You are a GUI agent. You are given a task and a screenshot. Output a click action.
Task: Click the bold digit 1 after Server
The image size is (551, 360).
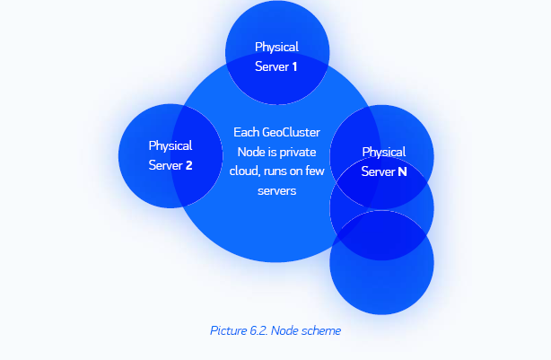click(294, 66)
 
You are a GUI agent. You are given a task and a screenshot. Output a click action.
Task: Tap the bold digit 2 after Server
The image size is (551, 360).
click(188, 165)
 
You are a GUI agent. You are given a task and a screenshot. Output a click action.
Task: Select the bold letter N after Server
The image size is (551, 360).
click(401, 171)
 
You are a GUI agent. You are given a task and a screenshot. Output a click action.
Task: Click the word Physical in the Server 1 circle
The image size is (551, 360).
click(276, 47)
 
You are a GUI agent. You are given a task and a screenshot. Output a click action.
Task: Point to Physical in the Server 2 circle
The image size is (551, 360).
click(171, 145)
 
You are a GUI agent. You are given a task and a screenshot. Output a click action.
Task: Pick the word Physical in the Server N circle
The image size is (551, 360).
click(383, 152)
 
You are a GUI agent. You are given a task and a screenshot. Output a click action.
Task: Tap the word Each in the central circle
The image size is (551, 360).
click(246, 132)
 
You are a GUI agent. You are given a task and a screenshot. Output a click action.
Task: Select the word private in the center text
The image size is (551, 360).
click(299, 152)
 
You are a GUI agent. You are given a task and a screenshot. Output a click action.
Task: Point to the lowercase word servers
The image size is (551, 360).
click(276, 191)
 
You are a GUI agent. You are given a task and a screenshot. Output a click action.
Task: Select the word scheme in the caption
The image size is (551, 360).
click(322, 330)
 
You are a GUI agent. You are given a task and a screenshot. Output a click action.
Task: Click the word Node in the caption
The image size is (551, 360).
click(287, 330)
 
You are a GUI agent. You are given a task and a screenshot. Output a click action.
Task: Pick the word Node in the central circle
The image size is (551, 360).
click(251, 152)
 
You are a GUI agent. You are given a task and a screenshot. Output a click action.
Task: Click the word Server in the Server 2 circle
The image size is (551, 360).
click(166, 165)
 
